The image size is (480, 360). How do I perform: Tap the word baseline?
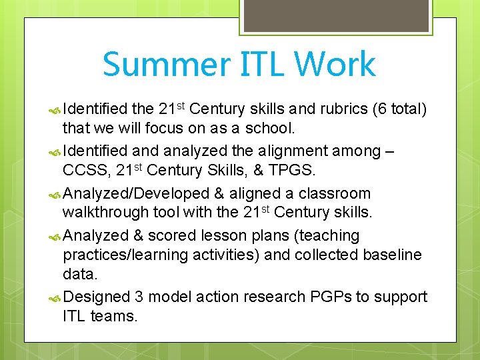click(393, 255)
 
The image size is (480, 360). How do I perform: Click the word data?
click(79, 273)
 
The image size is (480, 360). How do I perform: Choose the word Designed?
click(97, 297)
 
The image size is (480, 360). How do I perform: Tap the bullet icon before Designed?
click(55, 297)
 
